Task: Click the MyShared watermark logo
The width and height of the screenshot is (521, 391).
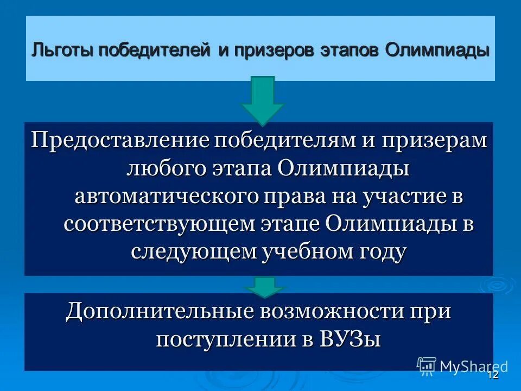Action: (x=462, y=366)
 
